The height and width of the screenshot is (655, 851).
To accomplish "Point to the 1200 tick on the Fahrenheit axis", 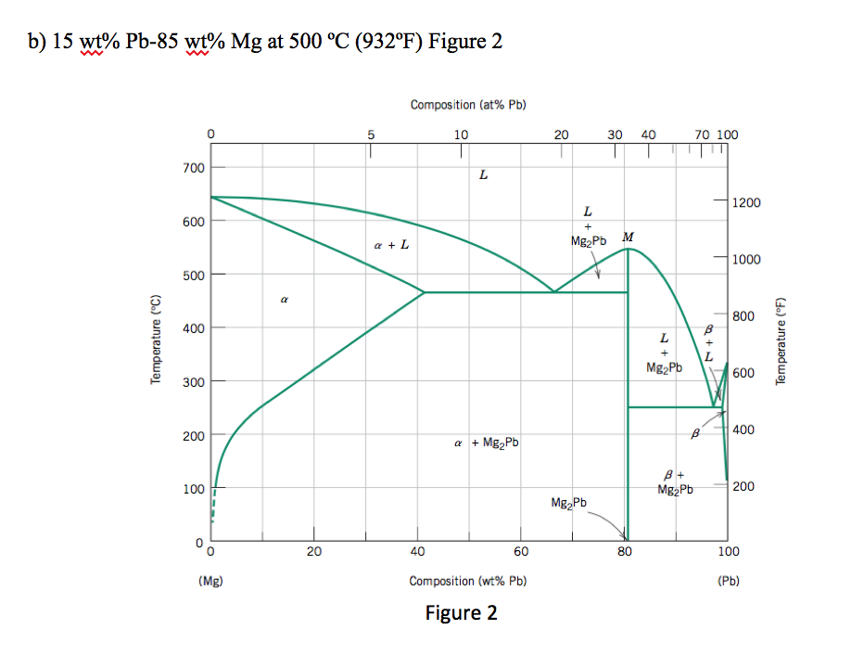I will [745, 202].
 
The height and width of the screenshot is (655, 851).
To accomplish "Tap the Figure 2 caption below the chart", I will [461, 613].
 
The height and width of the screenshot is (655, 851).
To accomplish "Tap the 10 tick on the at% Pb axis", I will [461, 135].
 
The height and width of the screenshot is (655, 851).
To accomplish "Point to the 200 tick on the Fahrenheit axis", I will [745, 486].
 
